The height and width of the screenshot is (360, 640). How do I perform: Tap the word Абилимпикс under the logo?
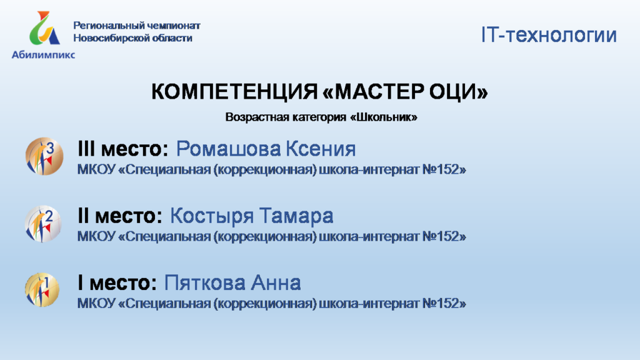pyautogui.click(x=43, y=55)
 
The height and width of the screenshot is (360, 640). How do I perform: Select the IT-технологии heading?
pyautogui.click(x=549, y=35)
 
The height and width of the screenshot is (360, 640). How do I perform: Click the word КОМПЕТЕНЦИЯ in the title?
pyautogui.click(x=234, y=91)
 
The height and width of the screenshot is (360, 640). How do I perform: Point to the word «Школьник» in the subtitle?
pyautogui.click(x=384, y=117)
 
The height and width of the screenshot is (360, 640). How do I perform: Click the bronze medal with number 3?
pyautogui.click(x=44, y=156)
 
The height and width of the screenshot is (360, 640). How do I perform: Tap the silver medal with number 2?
pyautogui.click(x=43, y=224)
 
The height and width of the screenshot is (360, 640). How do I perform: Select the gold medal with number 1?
pyautogui.click(x=42, y=290)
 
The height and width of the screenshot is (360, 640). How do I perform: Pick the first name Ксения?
pyautogui.click(x=321, y=149)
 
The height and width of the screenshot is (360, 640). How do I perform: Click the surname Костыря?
pyautogui.click(x=212, y=216)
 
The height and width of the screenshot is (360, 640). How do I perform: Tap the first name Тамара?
pyautogui.click(x=296, y=216)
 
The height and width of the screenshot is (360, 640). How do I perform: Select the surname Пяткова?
pyautogui.click(x=205, y=283)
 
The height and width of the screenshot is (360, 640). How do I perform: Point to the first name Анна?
pyautogui.click(x=276, y=283)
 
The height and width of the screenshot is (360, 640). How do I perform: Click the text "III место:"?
pyautogui.click(x=123, y=149)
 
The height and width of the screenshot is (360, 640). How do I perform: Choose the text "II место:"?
pyautogui.click(x=120, y=216)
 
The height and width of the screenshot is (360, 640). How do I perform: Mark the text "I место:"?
pyautogui.click(x=117, y=283)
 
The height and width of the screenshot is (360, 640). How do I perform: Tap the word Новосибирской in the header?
pyautogui.click(x=109, y=38)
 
